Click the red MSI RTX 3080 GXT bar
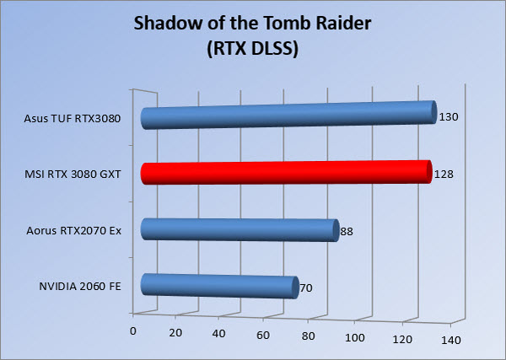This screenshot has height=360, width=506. coord(286,172)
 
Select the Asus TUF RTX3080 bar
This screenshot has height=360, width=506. coord(288,116)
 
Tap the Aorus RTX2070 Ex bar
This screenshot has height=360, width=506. coord(240,230)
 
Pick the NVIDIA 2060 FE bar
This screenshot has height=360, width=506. coord(220,286)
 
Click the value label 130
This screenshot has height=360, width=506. coord(449,117)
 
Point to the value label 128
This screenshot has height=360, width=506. coord(444,175)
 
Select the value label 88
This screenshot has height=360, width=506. coord(347,231)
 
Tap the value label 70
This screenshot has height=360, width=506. coord(306,287)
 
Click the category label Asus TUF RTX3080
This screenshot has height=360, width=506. coord(73,118)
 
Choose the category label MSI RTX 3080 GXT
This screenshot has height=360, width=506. coord(73,175)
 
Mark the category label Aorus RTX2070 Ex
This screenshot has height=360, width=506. coord(74,231)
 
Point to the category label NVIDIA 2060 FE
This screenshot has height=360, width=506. coord(80,286)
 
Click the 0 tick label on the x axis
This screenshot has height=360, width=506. coord(132,331)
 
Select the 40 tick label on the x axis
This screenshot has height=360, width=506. coord(218,334)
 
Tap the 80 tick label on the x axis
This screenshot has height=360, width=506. coord(308,336)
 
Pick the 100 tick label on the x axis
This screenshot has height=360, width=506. coord(355,337)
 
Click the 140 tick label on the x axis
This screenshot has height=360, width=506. coord(451,340)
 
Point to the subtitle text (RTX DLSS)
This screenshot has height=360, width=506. coord(253,49)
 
